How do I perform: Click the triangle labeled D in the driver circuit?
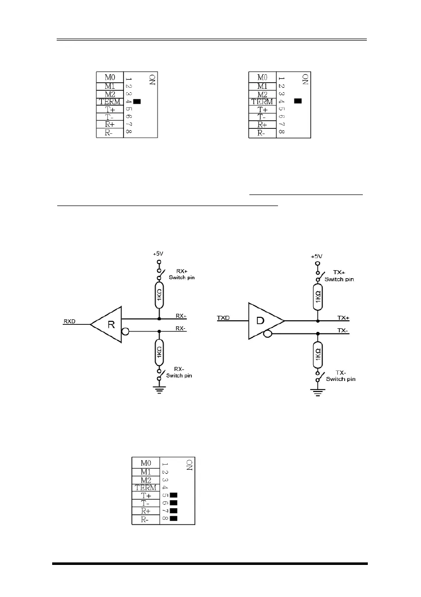point(263,320)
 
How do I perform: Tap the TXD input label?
point(224,317)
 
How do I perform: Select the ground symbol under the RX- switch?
point(159,390)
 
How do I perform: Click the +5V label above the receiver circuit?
point(159,254)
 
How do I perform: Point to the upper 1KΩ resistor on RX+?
point(159,295)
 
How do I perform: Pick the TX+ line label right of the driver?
point(344,318)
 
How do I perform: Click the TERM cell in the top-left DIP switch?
point(110,102)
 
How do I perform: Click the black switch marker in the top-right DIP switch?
point(298,101)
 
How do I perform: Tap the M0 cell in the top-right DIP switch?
point(262,77)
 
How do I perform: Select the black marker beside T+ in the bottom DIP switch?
point(174,495)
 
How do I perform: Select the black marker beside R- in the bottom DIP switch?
point(174,518)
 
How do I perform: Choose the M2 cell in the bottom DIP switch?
point(146,479)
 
